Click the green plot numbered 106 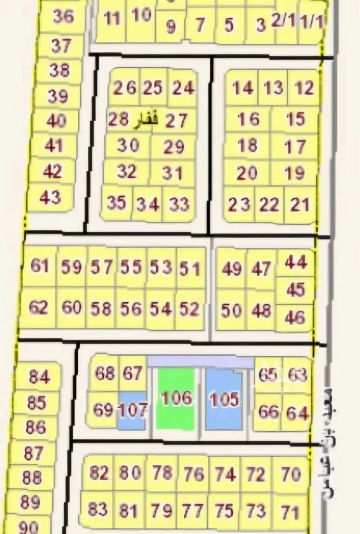(176, 399)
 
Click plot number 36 (63, 17)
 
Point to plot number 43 (50, 197)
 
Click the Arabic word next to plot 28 (145, 119)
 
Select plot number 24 (183, 88)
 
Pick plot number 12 (304, 88)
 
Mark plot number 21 (300, 205)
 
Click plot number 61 (40, 266)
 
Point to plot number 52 (190, 309)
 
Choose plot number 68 (104, 373)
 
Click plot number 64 (297, 413)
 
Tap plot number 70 (291, 474)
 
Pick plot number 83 (97, 509)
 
